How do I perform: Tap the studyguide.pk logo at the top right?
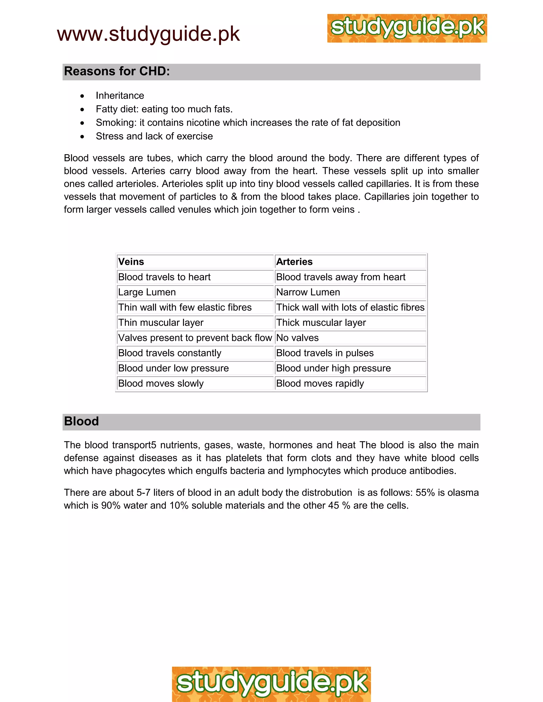point(407,28)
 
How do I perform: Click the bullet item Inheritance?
point(120,95)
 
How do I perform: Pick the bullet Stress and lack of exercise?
point(154,136)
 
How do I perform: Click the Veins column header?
point(131,262)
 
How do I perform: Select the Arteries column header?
point(294,262)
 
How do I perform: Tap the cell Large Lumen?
point(147,292)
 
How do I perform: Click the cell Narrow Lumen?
point(308,292)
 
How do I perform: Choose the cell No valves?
point(297,338)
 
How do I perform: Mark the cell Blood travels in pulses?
point(325,353)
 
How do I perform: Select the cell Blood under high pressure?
point(333,368)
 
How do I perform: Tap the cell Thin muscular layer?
point(160,322)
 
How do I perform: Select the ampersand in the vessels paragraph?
point(234,197)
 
